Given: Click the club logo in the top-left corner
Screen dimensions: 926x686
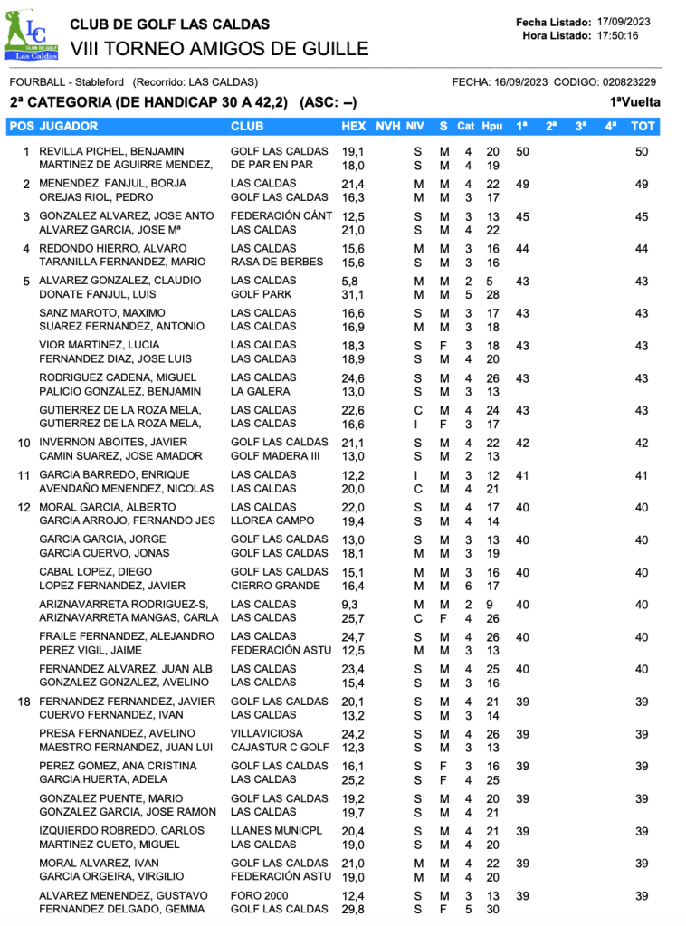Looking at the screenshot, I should pyautogui.click(x=32, y=38).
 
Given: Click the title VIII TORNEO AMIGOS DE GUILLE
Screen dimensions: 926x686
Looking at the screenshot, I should pyautogui.click(x=219, y=49).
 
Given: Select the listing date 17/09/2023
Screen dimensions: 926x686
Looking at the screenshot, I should pyautogui.click(x=624, y=22).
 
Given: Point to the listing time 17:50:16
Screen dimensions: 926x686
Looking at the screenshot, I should pyautogui.click(x=618, y=35).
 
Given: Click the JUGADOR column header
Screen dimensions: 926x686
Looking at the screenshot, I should pyautogui.click(x=69, y=126).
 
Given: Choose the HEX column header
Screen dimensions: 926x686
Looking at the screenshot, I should pyautogui.click(x=354, y=126).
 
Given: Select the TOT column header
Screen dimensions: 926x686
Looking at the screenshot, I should pyautogui.click(x=643, y=126).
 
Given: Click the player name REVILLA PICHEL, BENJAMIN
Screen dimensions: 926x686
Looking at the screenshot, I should pyautogui.click(x=111, y=151).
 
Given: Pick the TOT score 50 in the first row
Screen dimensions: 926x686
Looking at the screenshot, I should pyautogui.click(x=642, y=152).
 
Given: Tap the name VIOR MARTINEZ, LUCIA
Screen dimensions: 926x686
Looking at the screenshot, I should pyautogui.click(x=100, y=345).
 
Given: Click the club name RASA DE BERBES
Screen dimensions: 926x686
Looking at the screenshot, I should pyautogui.click(x=269, y=262).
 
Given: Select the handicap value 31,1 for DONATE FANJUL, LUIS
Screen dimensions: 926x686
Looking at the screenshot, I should pyautogui.click(x=353, y=294).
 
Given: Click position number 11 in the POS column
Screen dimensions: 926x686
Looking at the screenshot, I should pyautogui.click(x=25, y=475).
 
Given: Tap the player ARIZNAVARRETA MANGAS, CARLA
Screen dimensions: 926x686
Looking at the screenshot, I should pyautogui.click(x=129, y=618).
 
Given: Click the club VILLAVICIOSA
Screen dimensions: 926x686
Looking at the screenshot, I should pyautogui.click(x=267, y=733).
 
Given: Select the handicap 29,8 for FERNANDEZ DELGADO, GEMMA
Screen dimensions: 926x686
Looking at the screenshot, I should pyautogui.click(x=353, y=909).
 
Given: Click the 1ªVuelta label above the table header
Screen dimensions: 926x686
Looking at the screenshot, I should pyautogui.click(x=634, y=102).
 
